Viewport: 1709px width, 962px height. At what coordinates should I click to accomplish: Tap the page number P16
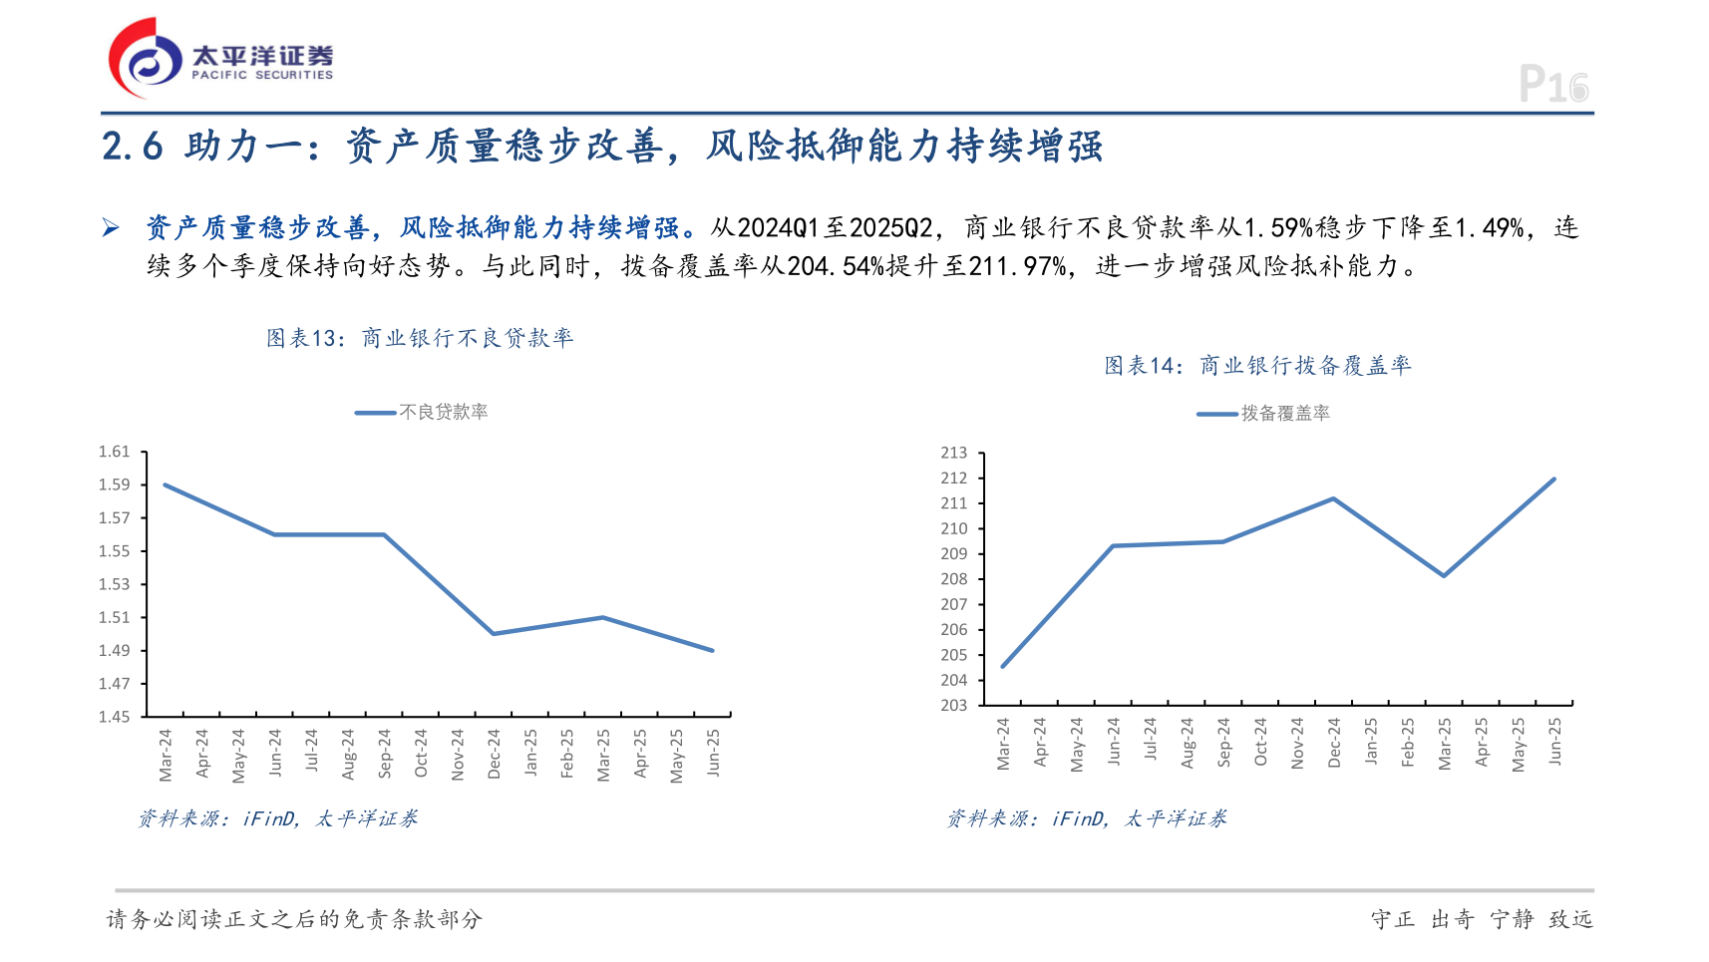[1552, 84]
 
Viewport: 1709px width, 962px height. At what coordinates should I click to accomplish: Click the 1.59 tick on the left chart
[115, 484]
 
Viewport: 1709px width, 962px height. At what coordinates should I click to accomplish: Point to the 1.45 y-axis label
[115, 716]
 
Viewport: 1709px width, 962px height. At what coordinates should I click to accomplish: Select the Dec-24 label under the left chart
[494, 754]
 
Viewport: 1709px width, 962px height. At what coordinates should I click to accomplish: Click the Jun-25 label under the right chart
[1554, 742]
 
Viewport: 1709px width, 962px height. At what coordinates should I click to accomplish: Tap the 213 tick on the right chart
[953, 453]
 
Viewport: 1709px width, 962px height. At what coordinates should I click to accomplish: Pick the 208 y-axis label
[953, 579]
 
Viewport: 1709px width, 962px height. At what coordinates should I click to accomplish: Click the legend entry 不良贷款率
[443, 412]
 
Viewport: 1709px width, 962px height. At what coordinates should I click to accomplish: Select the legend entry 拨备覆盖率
[1284, 413]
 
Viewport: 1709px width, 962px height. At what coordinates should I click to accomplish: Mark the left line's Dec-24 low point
[494, 633]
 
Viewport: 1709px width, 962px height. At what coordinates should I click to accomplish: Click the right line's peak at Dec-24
[1333, 498]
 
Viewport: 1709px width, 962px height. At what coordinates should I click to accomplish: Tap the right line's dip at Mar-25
[1444, 575]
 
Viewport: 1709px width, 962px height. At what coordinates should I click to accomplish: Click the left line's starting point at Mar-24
[166, 485]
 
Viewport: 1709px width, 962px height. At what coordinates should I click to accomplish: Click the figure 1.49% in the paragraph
[1490, 228]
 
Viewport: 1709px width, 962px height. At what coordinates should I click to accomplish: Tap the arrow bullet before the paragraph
[111, 228]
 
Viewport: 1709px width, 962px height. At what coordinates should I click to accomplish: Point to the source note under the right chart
[1086, 818]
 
